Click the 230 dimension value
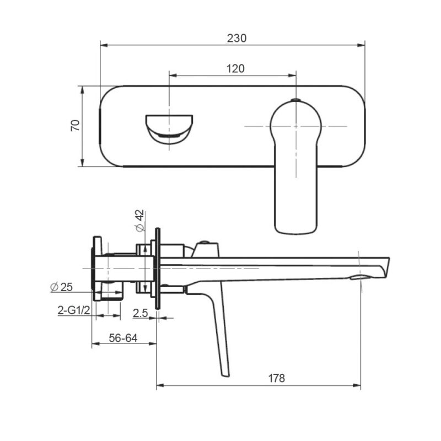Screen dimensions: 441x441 (x=236, y=38)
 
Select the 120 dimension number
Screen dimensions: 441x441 (x=235, y=68)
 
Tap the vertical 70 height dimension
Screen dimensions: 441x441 (x=76, y=125)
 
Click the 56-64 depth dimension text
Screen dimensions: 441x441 (x=123, y=338)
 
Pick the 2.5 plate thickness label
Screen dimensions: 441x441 (x=140, y=313)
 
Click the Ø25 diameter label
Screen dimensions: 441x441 (x=61, y=287)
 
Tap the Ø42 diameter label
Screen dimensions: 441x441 (x=139, y=220)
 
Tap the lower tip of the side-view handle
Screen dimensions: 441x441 (x=225, y=373)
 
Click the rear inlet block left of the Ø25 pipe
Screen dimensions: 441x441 (x=98, y=268)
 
